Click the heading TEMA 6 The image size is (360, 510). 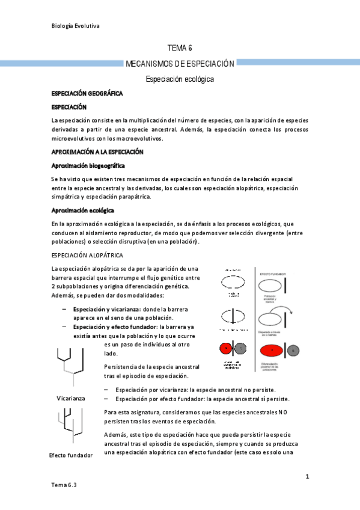pos(180,48)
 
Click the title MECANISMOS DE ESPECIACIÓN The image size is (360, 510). pos(180,63)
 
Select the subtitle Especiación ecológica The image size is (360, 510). pos(180,79)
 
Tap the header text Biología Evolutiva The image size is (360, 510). pos(76,26)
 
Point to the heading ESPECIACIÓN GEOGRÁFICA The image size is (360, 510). pos(87,94)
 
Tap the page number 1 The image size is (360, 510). pos(307,477)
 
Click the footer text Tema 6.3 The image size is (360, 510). pos(64,484)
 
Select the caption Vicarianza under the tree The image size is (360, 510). pos(70,398)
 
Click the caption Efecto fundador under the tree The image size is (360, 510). pos(71,455)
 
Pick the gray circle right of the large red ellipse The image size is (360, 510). pos(294,350)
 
